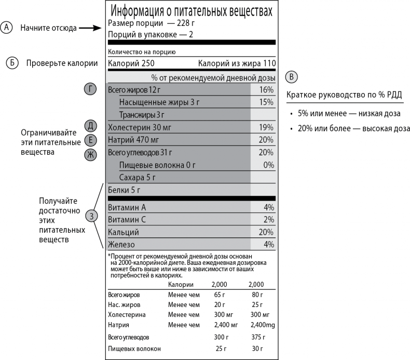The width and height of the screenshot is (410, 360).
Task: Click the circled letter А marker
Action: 6,28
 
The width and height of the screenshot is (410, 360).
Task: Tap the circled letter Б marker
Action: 10,63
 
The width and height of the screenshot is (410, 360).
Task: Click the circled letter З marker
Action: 91,217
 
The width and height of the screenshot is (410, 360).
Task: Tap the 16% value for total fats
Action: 266,90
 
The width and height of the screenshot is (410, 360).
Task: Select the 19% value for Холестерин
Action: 266,127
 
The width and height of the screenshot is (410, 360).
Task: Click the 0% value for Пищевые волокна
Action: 268,165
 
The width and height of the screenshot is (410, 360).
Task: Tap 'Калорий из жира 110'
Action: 236,64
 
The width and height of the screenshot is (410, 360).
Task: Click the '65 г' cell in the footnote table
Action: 220,295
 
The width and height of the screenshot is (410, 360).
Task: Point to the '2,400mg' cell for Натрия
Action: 260,325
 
